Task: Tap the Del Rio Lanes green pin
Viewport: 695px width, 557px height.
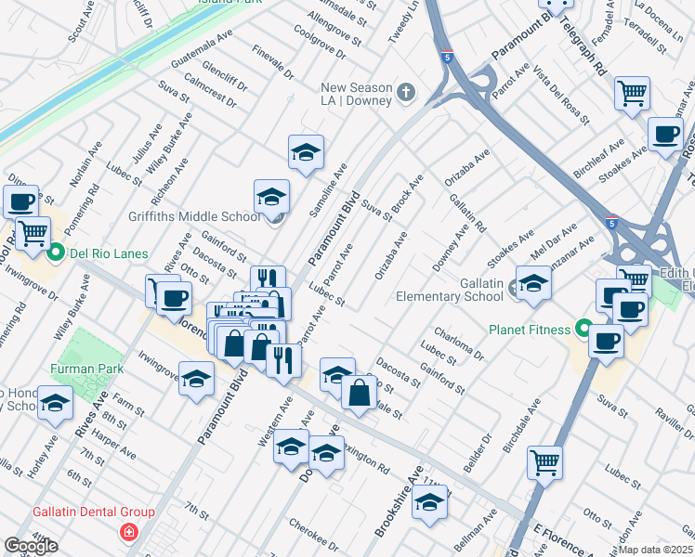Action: point(55,252)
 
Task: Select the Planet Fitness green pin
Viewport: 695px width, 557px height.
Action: point(583,329)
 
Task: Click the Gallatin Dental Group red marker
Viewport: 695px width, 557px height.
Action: point(127,532)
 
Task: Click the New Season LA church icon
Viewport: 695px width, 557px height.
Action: point(405,92)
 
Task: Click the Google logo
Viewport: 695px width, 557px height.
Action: point(30,546)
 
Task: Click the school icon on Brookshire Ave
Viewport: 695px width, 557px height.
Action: point(428,502)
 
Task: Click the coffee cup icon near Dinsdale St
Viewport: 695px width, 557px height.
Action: point(20,201)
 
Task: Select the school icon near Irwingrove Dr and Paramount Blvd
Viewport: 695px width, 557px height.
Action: point(196,379)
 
